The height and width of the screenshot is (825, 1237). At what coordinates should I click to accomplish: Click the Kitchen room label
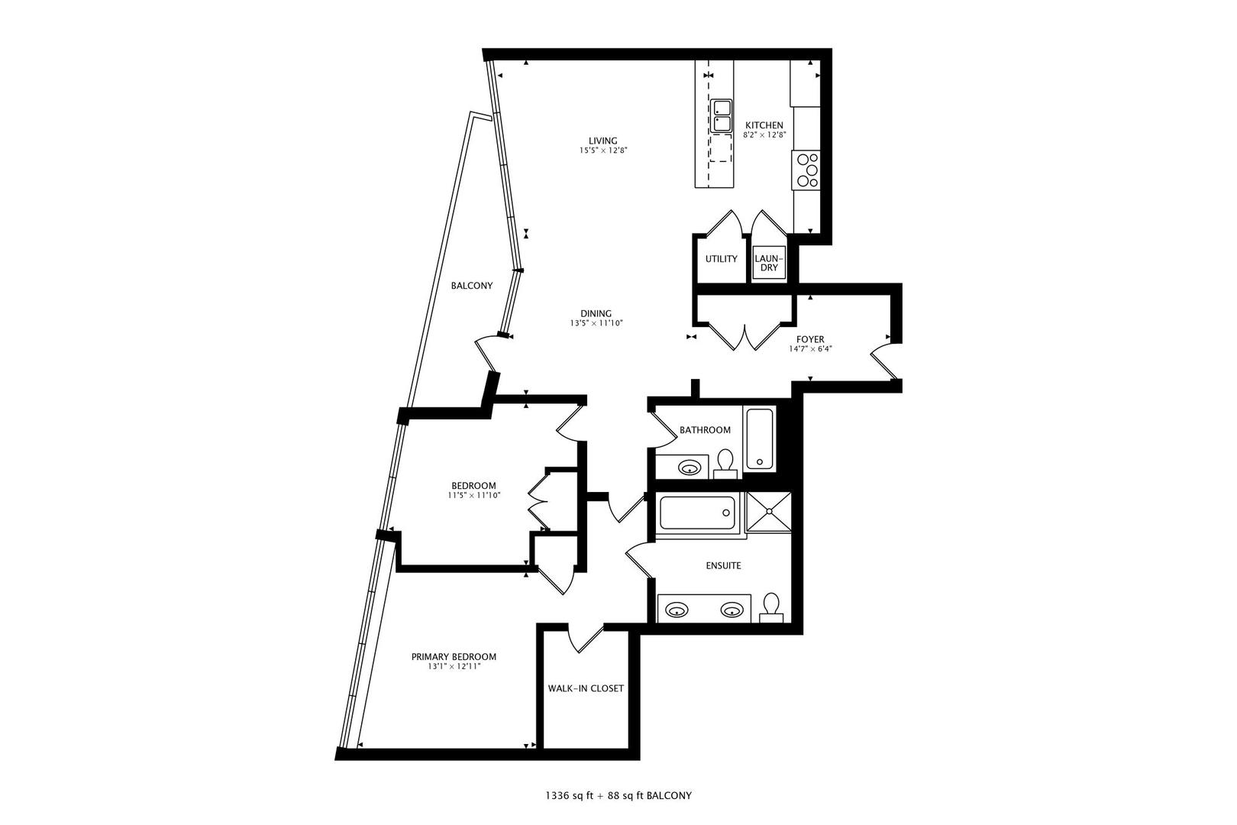point(764,125)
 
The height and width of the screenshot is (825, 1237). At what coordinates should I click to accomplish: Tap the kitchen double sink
point(722,116)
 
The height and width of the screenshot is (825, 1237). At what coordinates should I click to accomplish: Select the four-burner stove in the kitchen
point(806,170)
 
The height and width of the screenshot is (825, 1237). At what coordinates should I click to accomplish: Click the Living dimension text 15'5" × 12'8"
point(602,150)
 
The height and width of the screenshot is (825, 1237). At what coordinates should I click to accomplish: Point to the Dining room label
point(596,313)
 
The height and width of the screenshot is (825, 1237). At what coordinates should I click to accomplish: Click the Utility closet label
point(721,259)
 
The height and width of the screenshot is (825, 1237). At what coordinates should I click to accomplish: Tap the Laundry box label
point(768,263)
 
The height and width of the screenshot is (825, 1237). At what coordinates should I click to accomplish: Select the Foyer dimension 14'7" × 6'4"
point(810,349)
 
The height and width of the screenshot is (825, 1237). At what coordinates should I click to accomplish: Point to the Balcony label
point(471,286)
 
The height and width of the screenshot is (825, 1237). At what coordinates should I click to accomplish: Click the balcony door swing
point(489,351)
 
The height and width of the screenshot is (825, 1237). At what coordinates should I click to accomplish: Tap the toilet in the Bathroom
point(725,463)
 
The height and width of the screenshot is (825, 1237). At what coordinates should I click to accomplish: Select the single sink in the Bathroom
point(690,467)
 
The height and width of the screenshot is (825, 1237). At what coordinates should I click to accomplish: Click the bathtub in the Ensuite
point(697,513)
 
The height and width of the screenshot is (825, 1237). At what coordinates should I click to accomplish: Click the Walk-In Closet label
point(586,688)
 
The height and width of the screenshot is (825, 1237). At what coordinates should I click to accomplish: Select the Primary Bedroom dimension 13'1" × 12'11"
point(454,667)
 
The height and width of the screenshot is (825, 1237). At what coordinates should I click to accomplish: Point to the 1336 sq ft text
point(569,795)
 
